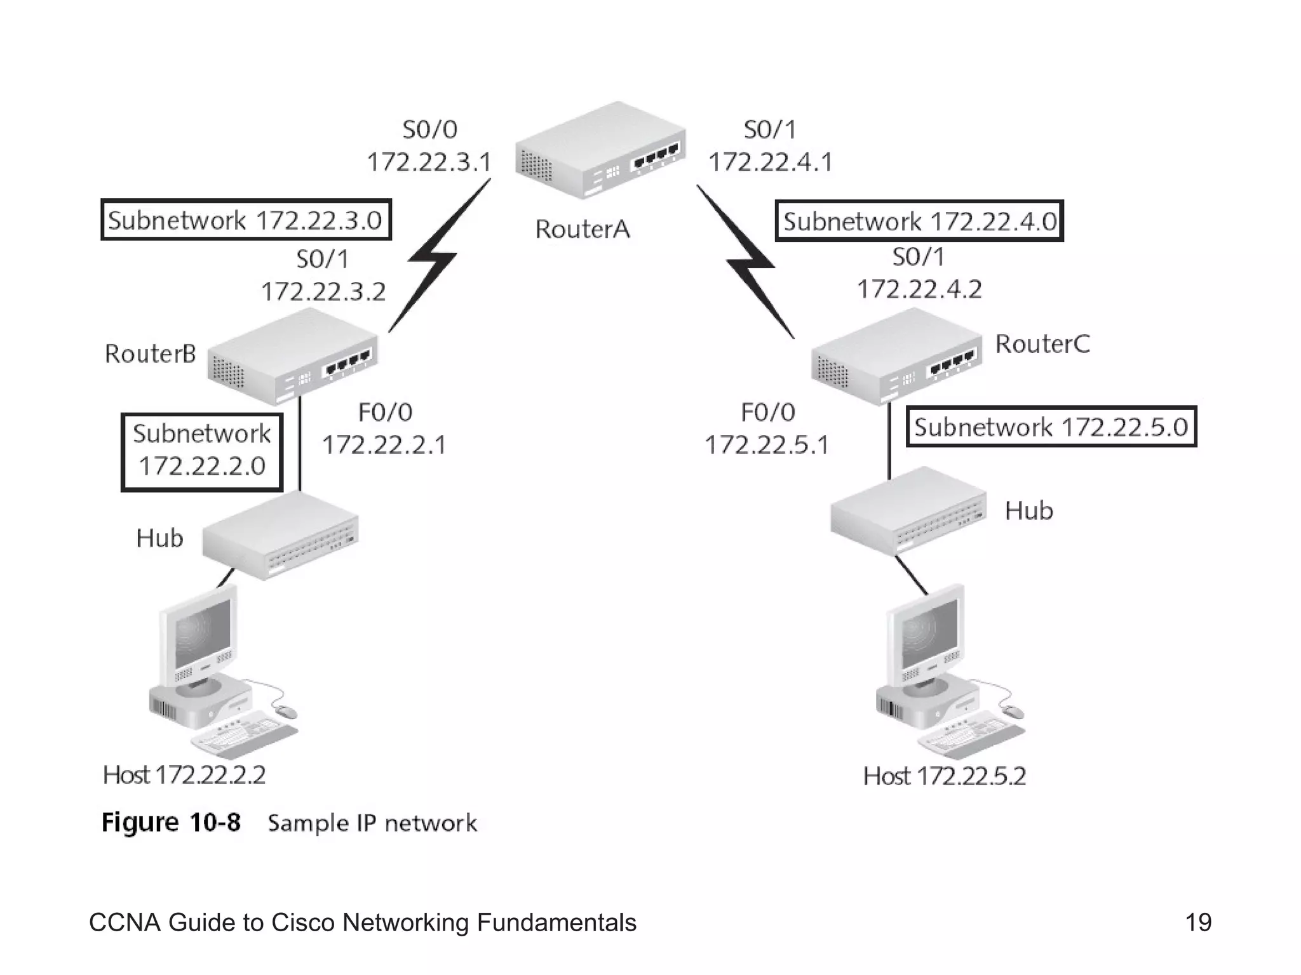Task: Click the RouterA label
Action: pyautogui.click(x=582, y=229)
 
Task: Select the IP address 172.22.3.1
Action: pyautogui.click(x=429, y=162)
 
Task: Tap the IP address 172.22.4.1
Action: pyautogui.click(x=770, y=162)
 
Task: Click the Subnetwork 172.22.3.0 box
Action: pyautogui.click(x=246, y=220)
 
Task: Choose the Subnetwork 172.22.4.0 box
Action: pyautogui.click(x=919, y=221)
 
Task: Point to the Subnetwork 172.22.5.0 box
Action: pyautogui.click(x=1051, y=427)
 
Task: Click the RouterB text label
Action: pyautogui.click(x=151, y=354)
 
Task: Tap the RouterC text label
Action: pyautogui.click(x=1042, y=344)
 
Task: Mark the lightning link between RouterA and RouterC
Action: pyautogui.click(x=748, y=262)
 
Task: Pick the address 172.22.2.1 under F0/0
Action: pyautogui.click(x=384, y=444)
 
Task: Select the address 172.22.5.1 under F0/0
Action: pyautogui.click(x=767, y=444)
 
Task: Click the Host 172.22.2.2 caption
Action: pyautogui.click(x=184, y=775)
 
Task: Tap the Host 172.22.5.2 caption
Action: pyautogui.click(x=944, y=776)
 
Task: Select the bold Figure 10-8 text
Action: pyautogui.click(x=172, y=823)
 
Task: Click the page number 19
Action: pyautogui.click(x=1198, y=922)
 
